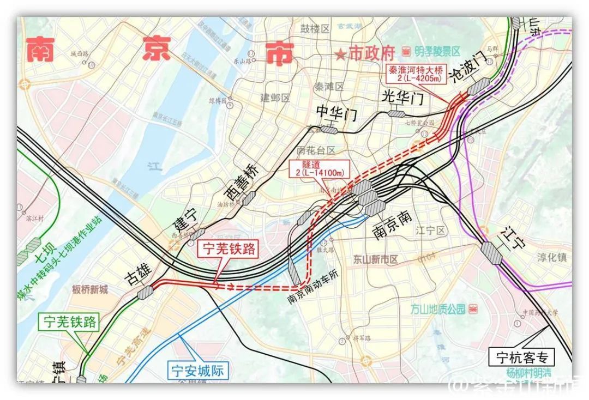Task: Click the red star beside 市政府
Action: pos(340,54)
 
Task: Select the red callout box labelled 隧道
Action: pos(317,168)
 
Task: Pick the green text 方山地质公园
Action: pos(438,310)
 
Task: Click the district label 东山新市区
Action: pos(376,259)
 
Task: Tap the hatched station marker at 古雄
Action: pos(146,293)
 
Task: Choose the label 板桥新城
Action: pos(90,289)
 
